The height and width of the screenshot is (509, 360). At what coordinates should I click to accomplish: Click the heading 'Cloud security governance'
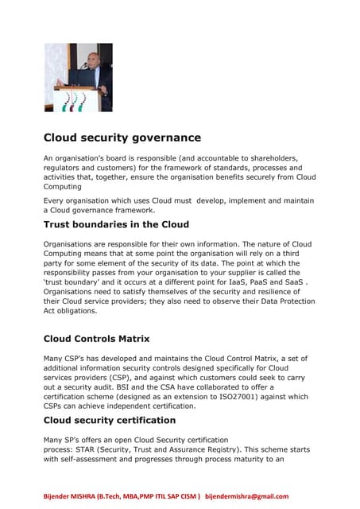point(122,138)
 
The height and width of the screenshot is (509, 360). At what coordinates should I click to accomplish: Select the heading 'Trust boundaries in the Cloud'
point(116,225)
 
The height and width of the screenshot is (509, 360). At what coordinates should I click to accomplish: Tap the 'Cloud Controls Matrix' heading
point(96,339)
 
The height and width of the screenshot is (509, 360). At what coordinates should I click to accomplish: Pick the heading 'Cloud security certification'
point(109,420)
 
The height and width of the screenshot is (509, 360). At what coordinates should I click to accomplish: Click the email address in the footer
point(246,496)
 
